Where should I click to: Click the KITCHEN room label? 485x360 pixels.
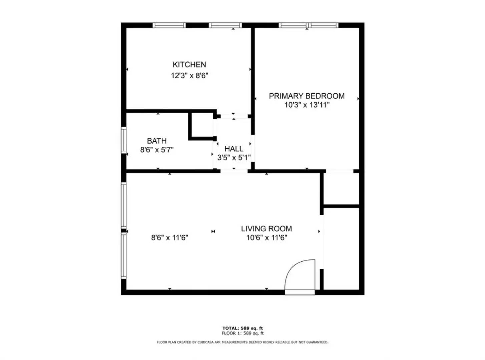tap(189, 64)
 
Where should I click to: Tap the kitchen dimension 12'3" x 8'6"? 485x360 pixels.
tap(189, 76)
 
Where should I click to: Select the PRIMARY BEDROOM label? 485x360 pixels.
tap(307, 96)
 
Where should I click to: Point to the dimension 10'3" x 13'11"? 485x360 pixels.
tap(307, 105)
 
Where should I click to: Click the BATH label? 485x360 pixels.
tap(157, 141)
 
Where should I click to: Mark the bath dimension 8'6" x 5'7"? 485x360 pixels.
tap(157, 150)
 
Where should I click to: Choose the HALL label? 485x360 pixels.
tap(234, 149)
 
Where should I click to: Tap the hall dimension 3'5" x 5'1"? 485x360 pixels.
tap(234, 158)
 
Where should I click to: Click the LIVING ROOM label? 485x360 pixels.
tap(266, 229)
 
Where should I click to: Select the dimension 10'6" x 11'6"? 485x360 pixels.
tap(267, 238)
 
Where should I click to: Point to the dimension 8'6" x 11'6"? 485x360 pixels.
tap(170, 238)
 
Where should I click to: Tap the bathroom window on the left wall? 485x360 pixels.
tap(124, 140)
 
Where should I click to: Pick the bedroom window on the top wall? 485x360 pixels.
tap(309, 25)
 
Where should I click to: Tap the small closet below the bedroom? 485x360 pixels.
tap(341, 189)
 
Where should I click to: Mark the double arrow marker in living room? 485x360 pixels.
tap(213, 231)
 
